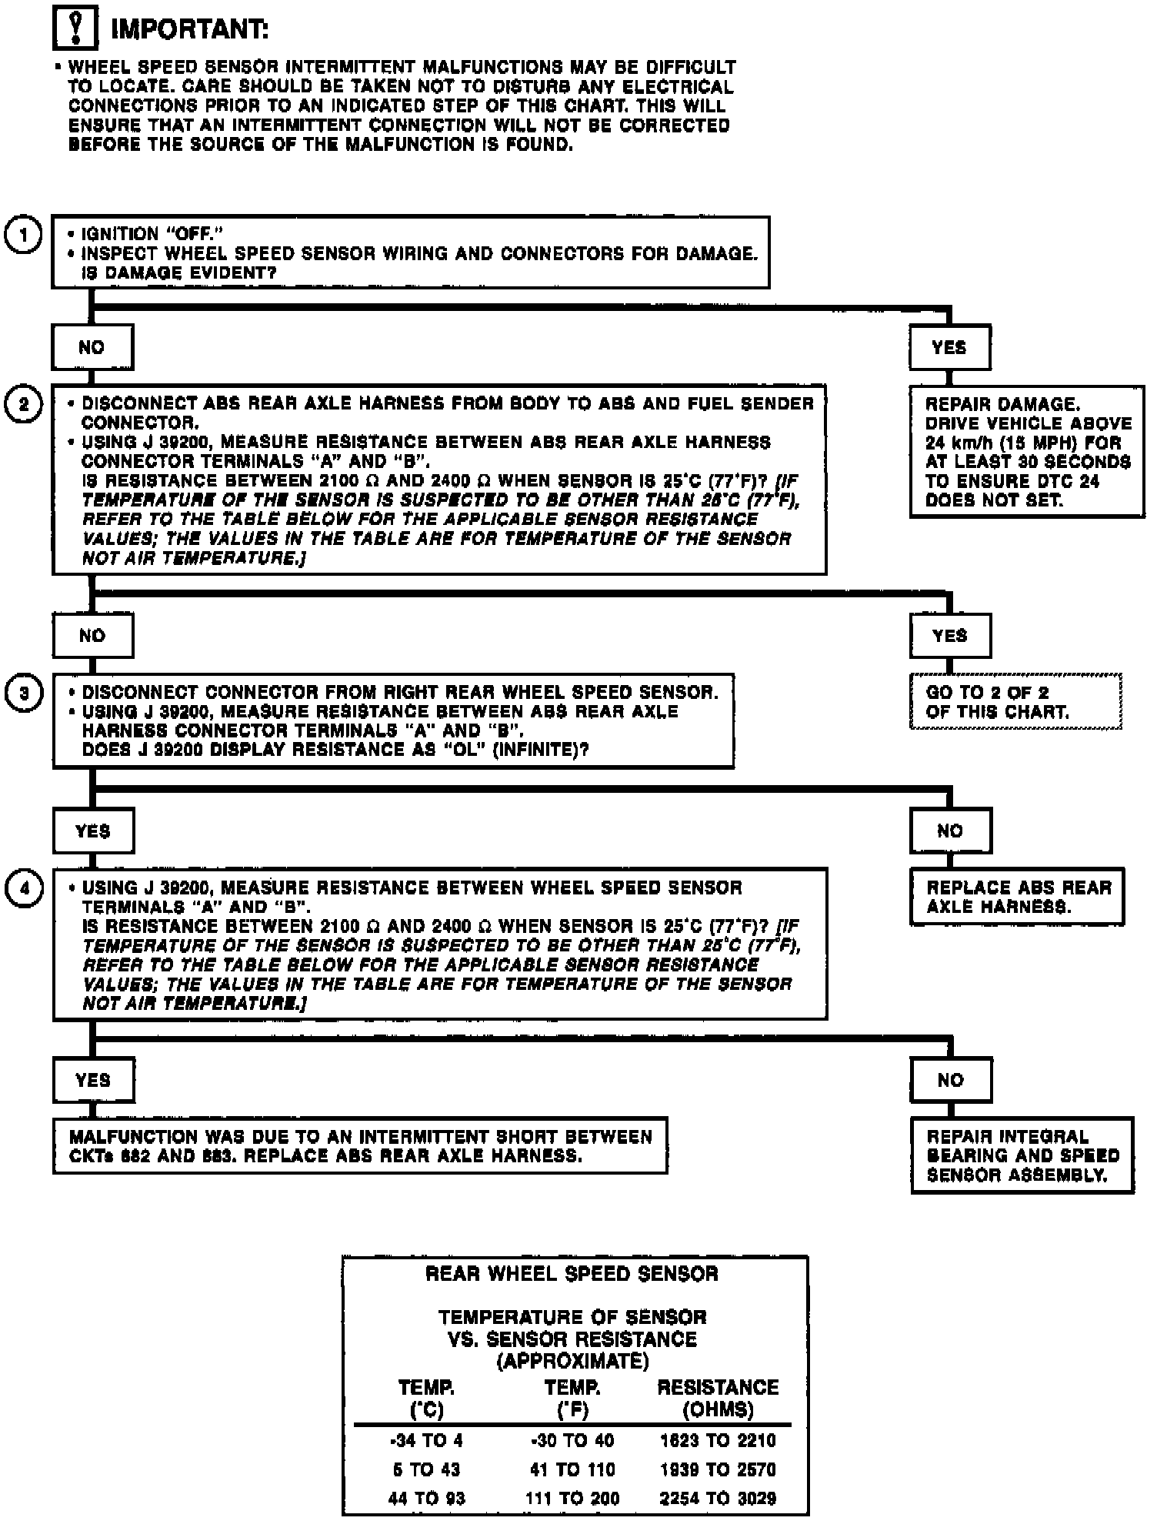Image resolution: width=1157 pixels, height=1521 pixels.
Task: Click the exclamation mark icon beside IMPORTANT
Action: (x=75, y=29)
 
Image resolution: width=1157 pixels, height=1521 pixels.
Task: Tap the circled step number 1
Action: (x=24, y=236)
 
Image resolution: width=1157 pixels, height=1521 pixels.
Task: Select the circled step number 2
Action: (x=24, y=404)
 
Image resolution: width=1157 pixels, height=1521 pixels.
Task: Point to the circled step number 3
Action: (x=24, y=693)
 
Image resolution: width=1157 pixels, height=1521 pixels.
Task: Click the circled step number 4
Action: (x=24, y=888)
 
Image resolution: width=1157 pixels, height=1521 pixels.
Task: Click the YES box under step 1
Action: (x=949, y=347)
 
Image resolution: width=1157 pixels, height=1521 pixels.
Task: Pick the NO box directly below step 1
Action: (x=92, y=347)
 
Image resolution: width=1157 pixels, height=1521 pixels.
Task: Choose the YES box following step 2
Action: (x=949, y=636)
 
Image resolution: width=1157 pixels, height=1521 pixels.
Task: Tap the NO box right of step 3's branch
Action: (x=950, y=831)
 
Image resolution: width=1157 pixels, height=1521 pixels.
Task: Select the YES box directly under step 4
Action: (x=92, y=1080)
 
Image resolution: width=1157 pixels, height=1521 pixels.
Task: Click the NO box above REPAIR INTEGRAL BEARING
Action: (x=950, y=1080)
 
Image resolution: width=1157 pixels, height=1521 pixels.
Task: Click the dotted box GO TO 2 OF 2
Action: (x=1015, y=701)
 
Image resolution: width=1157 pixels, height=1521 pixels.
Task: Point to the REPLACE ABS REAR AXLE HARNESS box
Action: (x=1017, y=897)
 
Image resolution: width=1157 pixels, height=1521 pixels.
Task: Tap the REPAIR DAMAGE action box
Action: (x=1026, y=452)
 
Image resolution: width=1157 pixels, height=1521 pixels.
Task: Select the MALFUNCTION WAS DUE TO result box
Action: (x=359, y=1146)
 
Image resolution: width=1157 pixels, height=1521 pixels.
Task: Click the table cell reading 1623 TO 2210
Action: (x=718, y=1441)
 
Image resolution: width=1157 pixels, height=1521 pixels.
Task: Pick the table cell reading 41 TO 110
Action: (x=572, y=1469)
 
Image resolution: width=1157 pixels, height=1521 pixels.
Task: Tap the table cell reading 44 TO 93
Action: (x=426, y=1498)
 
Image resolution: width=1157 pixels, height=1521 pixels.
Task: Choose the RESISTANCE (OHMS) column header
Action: (x=718, y=1398)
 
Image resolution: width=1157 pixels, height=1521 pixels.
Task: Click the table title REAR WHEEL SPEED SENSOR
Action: (x=572, y=1274)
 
